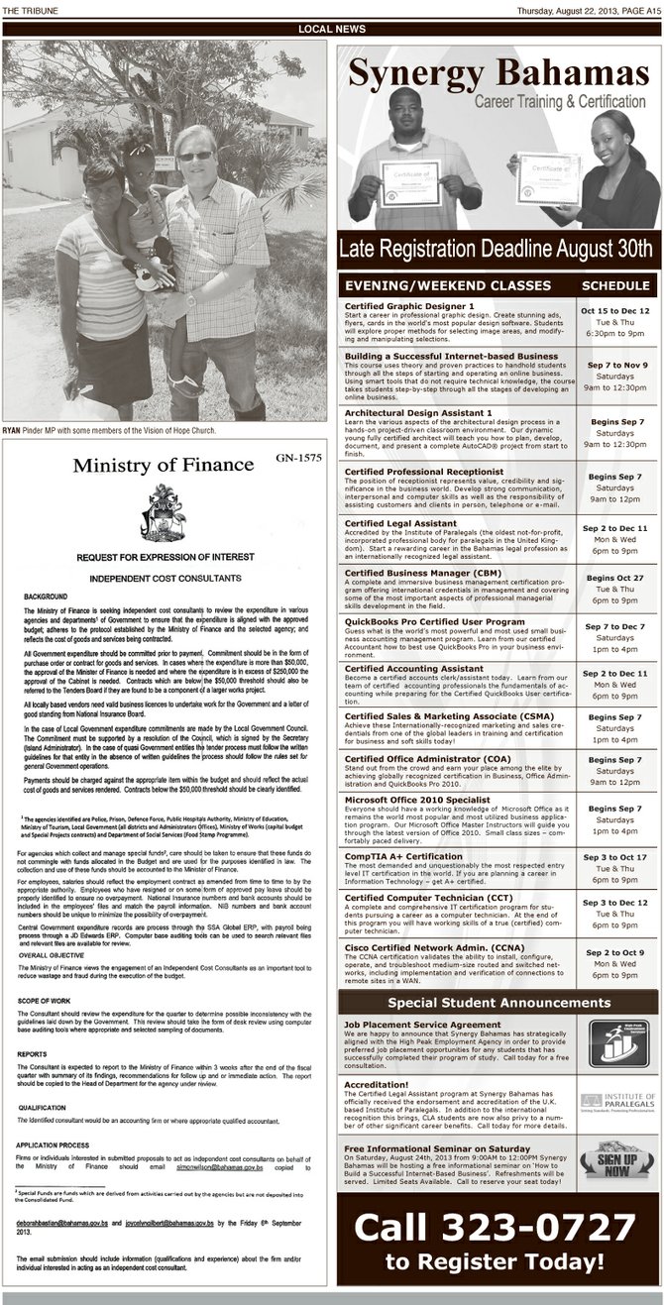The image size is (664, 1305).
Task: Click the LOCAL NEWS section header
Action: pos(331,30)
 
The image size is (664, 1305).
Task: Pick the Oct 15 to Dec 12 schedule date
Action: pos(615,310)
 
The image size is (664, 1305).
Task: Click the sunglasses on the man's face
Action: pos(194,156)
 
